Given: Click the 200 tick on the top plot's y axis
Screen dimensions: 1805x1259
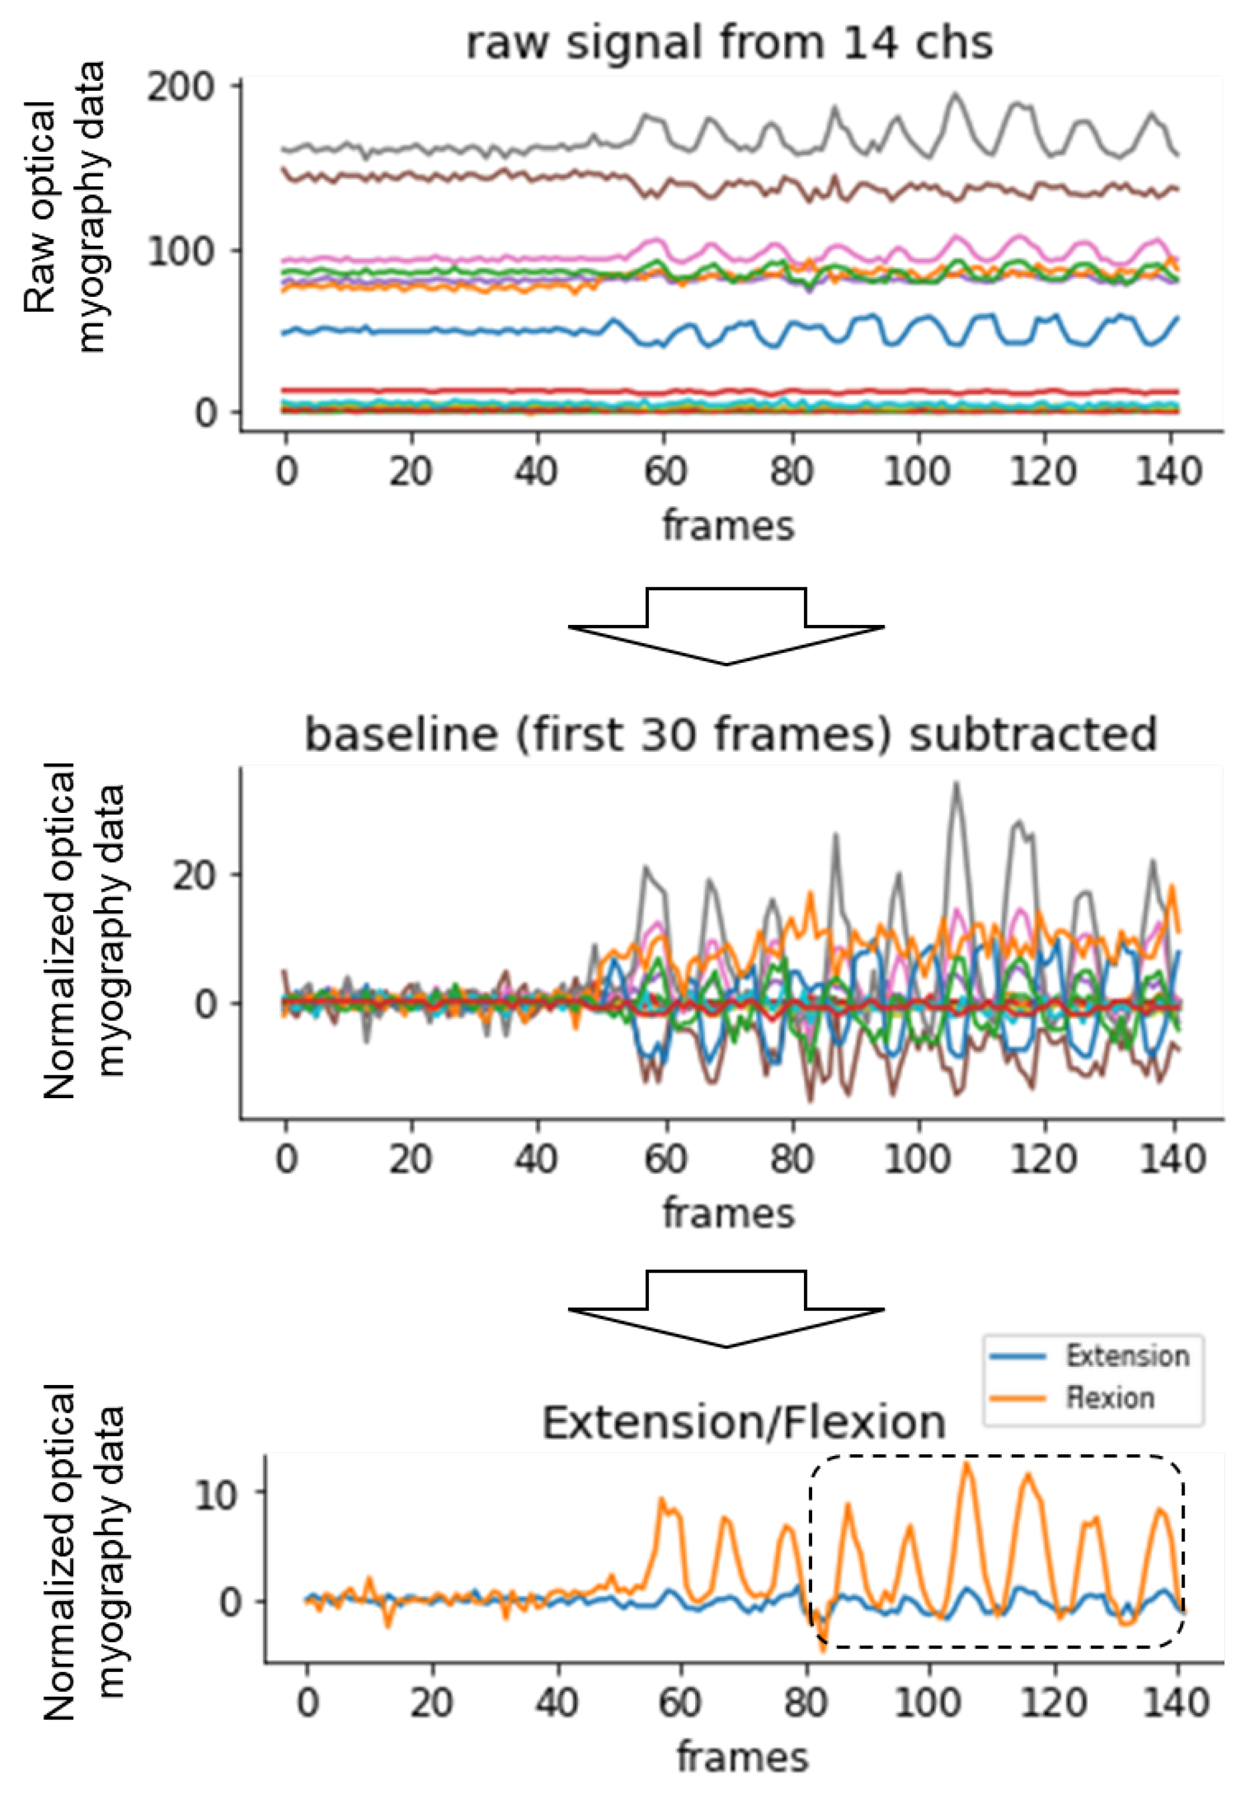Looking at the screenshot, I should point(182,87).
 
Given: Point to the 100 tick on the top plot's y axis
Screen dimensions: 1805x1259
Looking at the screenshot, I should point(182,252).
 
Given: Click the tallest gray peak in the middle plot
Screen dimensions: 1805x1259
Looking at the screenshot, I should point(956,785).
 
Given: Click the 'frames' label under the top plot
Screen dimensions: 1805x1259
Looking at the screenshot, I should point(728,525).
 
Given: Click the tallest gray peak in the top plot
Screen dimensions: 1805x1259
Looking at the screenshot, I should point(955,95).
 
